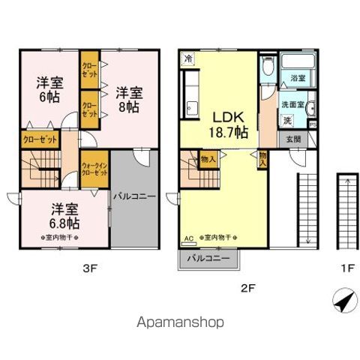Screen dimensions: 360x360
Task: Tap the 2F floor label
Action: tap(248, 286)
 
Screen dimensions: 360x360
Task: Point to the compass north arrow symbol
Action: tap(341, 303)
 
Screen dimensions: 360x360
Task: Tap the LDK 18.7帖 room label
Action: tap(226, 124)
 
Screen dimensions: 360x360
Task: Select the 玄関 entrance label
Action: tap(292, 139)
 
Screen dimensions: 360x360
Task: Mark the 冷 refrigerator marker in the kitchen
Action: tap(187, 58)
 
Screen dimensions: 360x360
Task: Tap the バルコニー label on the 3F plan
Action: tap(134, 196)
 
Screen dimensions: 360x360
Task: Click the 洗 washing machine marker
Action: tap(286, 120)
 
